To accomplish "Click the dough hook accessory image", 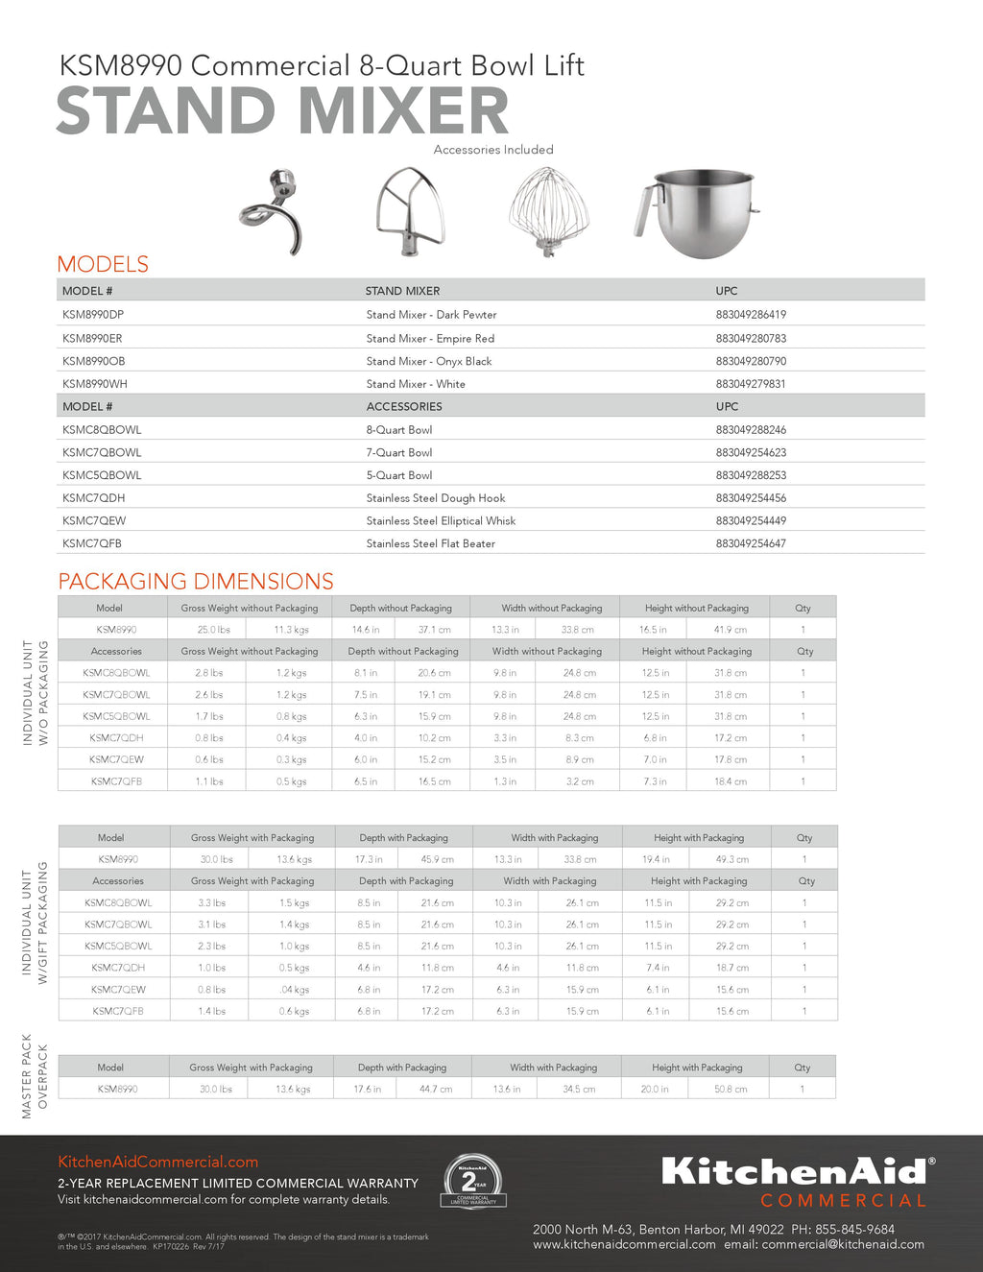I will coord(272,212).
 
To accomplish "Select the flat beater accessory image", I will coord(410,212).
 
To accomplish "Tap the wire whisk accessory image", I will coord(548,212).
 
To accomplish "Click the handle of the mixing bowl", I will coord(646,212).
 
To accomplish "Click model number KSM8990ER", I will coord(92,338).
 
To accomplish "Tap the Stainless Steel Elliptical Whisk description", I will coord(441,520).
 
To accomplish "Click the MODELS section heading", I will coord(103,264).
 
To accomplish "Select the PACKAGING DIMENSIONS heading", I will coord(196,581).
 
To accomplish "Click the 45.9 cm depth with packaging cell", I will coord(437,859).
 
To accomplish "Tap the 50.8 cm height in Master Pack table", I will coord(731,1089).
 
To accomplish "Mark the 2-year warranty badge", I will coord(472,1180).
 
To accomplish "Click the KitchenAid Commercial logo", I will coord(796,1181).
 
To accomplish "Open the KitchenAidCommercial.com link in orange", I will coord(157,1162).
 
